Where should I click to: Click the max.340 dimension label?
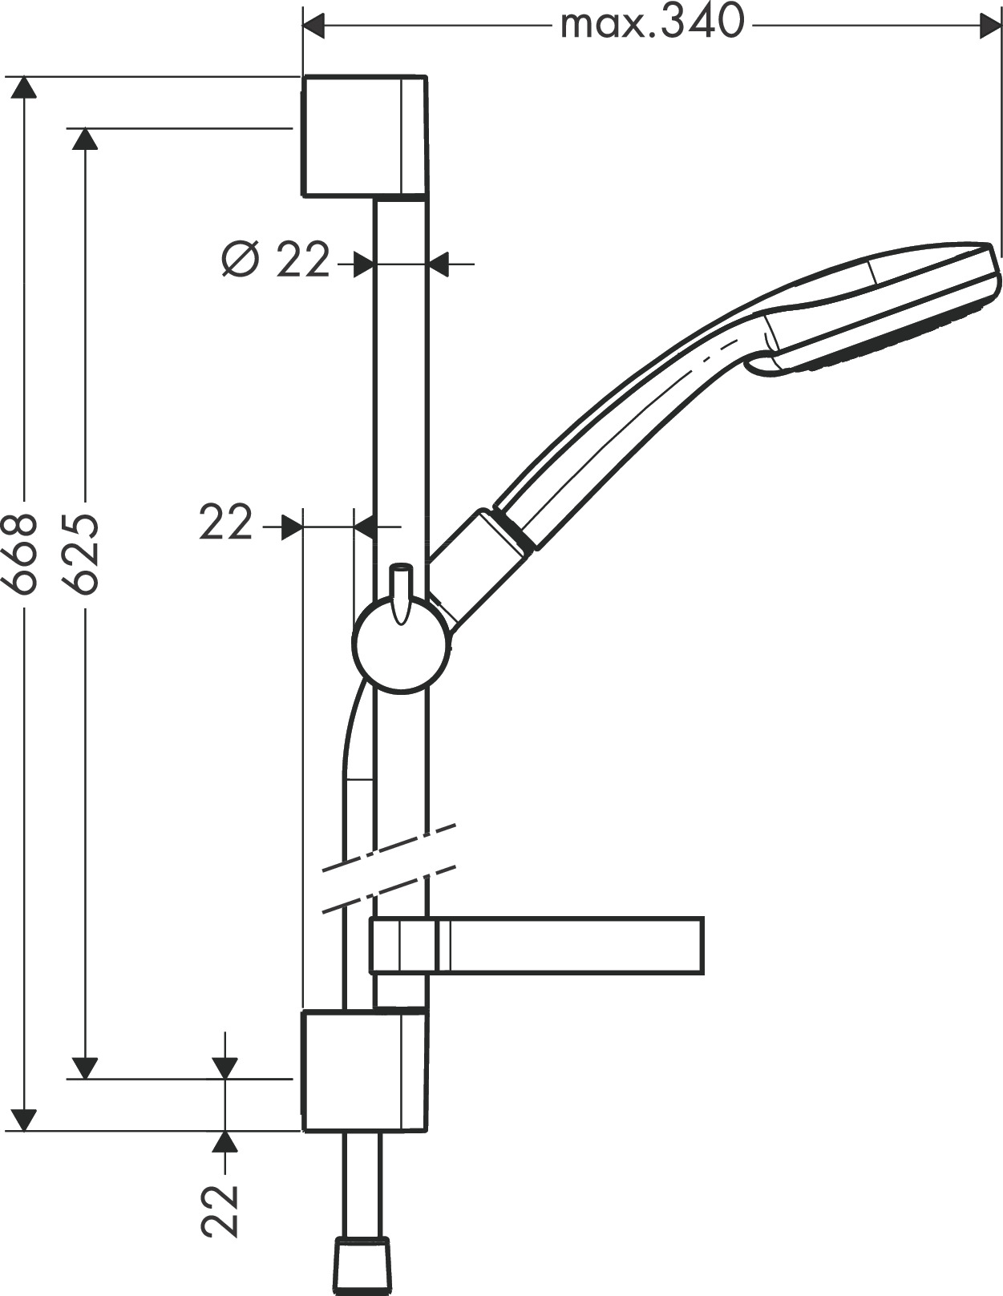point(652,23)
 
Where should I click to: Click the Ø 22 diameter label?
point(277,260)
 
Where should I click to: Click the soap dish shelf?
point(561,946)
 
